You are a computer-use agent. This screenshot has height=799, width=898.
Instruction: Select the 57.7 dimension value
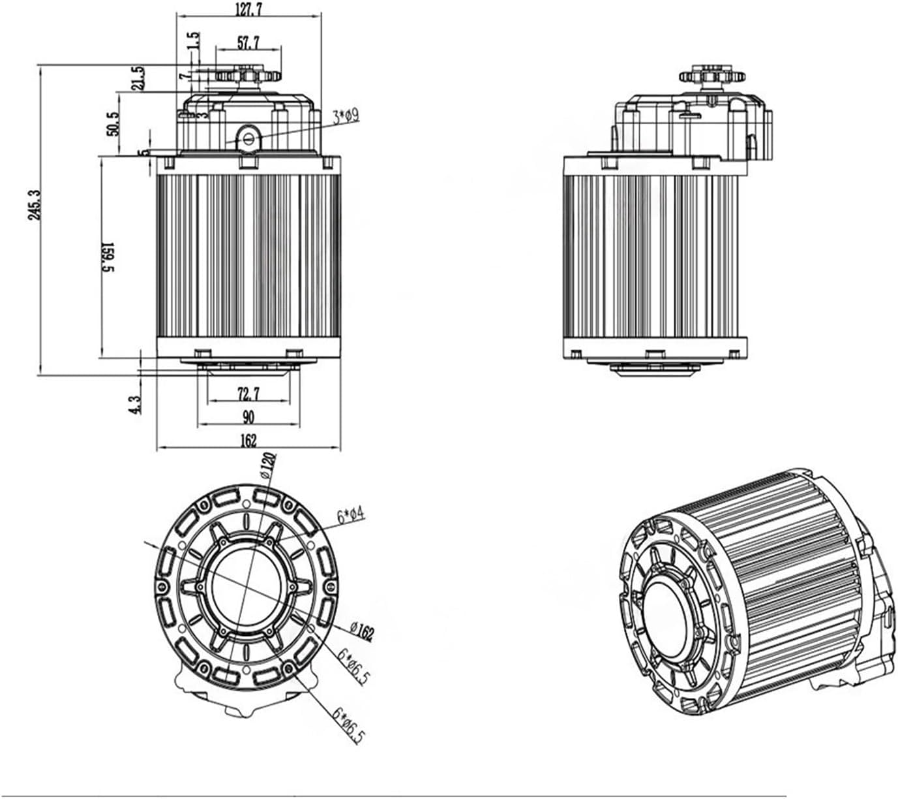(248, 44)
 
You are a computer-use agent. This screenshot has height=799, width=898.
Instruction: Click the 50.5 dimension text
(112, 123)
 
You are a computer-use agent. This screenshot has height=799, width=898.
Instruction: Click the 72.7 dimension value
(248, 394)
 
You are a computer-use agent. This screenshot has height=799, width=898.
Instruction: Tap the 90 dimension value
(248, 416)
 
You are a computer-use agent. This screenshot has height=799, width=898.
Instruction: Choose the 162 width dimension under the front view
(248, 441)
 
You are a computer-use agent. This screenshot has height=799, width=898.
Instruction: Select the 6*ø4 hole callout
(352, 515)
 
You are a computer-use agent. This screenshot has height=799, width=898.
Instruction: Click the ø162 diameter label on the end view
(362, 631)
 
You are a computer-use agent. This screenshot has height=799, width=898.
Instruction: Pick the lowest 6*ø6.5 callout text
(349, 724)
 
